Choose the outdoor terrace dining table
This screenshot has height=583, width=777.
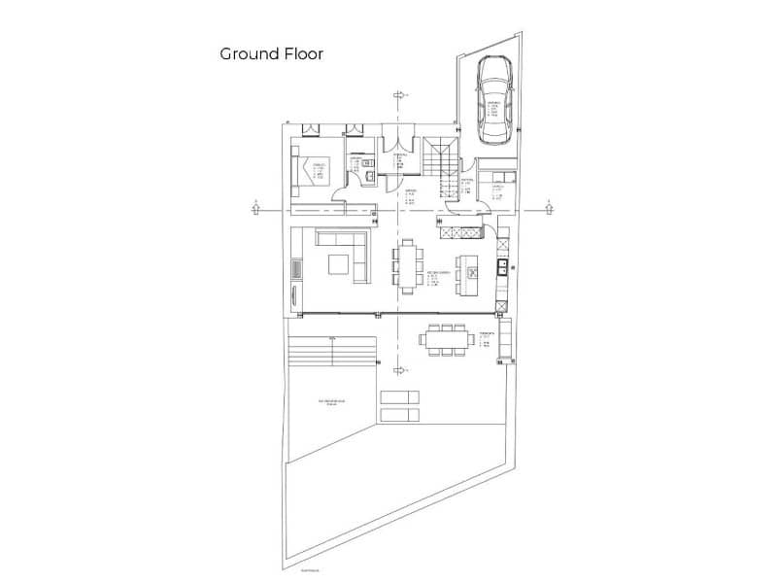pyautogui.click(x=445, y=339)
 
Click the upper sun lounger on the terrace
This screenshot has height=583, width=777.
pyautogui.click(x=399, y=395)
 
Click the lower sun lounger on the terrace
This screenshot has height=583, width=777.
pyautogui.click(x=399, y=414)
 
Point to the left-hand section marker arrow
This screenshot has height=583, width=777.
pyautogui.click(x=254, y=205)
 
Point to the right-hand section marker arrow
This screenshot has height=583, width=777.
pyautogui.click(x=549, y=205)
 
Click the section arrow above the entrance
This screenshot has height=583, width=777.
pyautogui.click(x=397, y=94)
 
